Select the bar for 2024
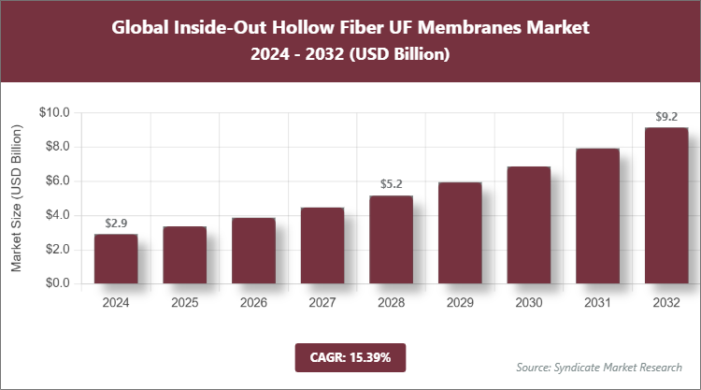coord(116,259)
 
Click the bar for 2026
coord(253,251)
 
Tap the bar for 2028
coord(391,239)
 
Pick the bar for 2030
coord(528,225)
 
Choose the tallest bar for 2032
coord(665,206)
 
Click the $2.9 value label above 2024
coord(116,224)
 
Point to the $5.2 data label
coord(391,184)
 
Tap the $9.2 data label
coord(665,117)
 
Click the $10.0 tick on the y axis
coord(55,113)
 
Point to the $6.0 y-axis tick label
coord(58,181)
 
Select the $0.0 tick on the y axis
coord(58,283)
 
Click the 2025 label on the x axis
coord(185,303)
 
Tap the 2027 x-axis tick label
coord(322,303)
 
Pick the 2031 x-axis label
coord(597,303)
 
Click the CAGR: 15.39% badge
coord(350,357)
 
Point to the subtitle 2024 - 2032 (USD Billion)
coord(350,55)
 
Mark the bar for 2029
coord(460,233)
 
